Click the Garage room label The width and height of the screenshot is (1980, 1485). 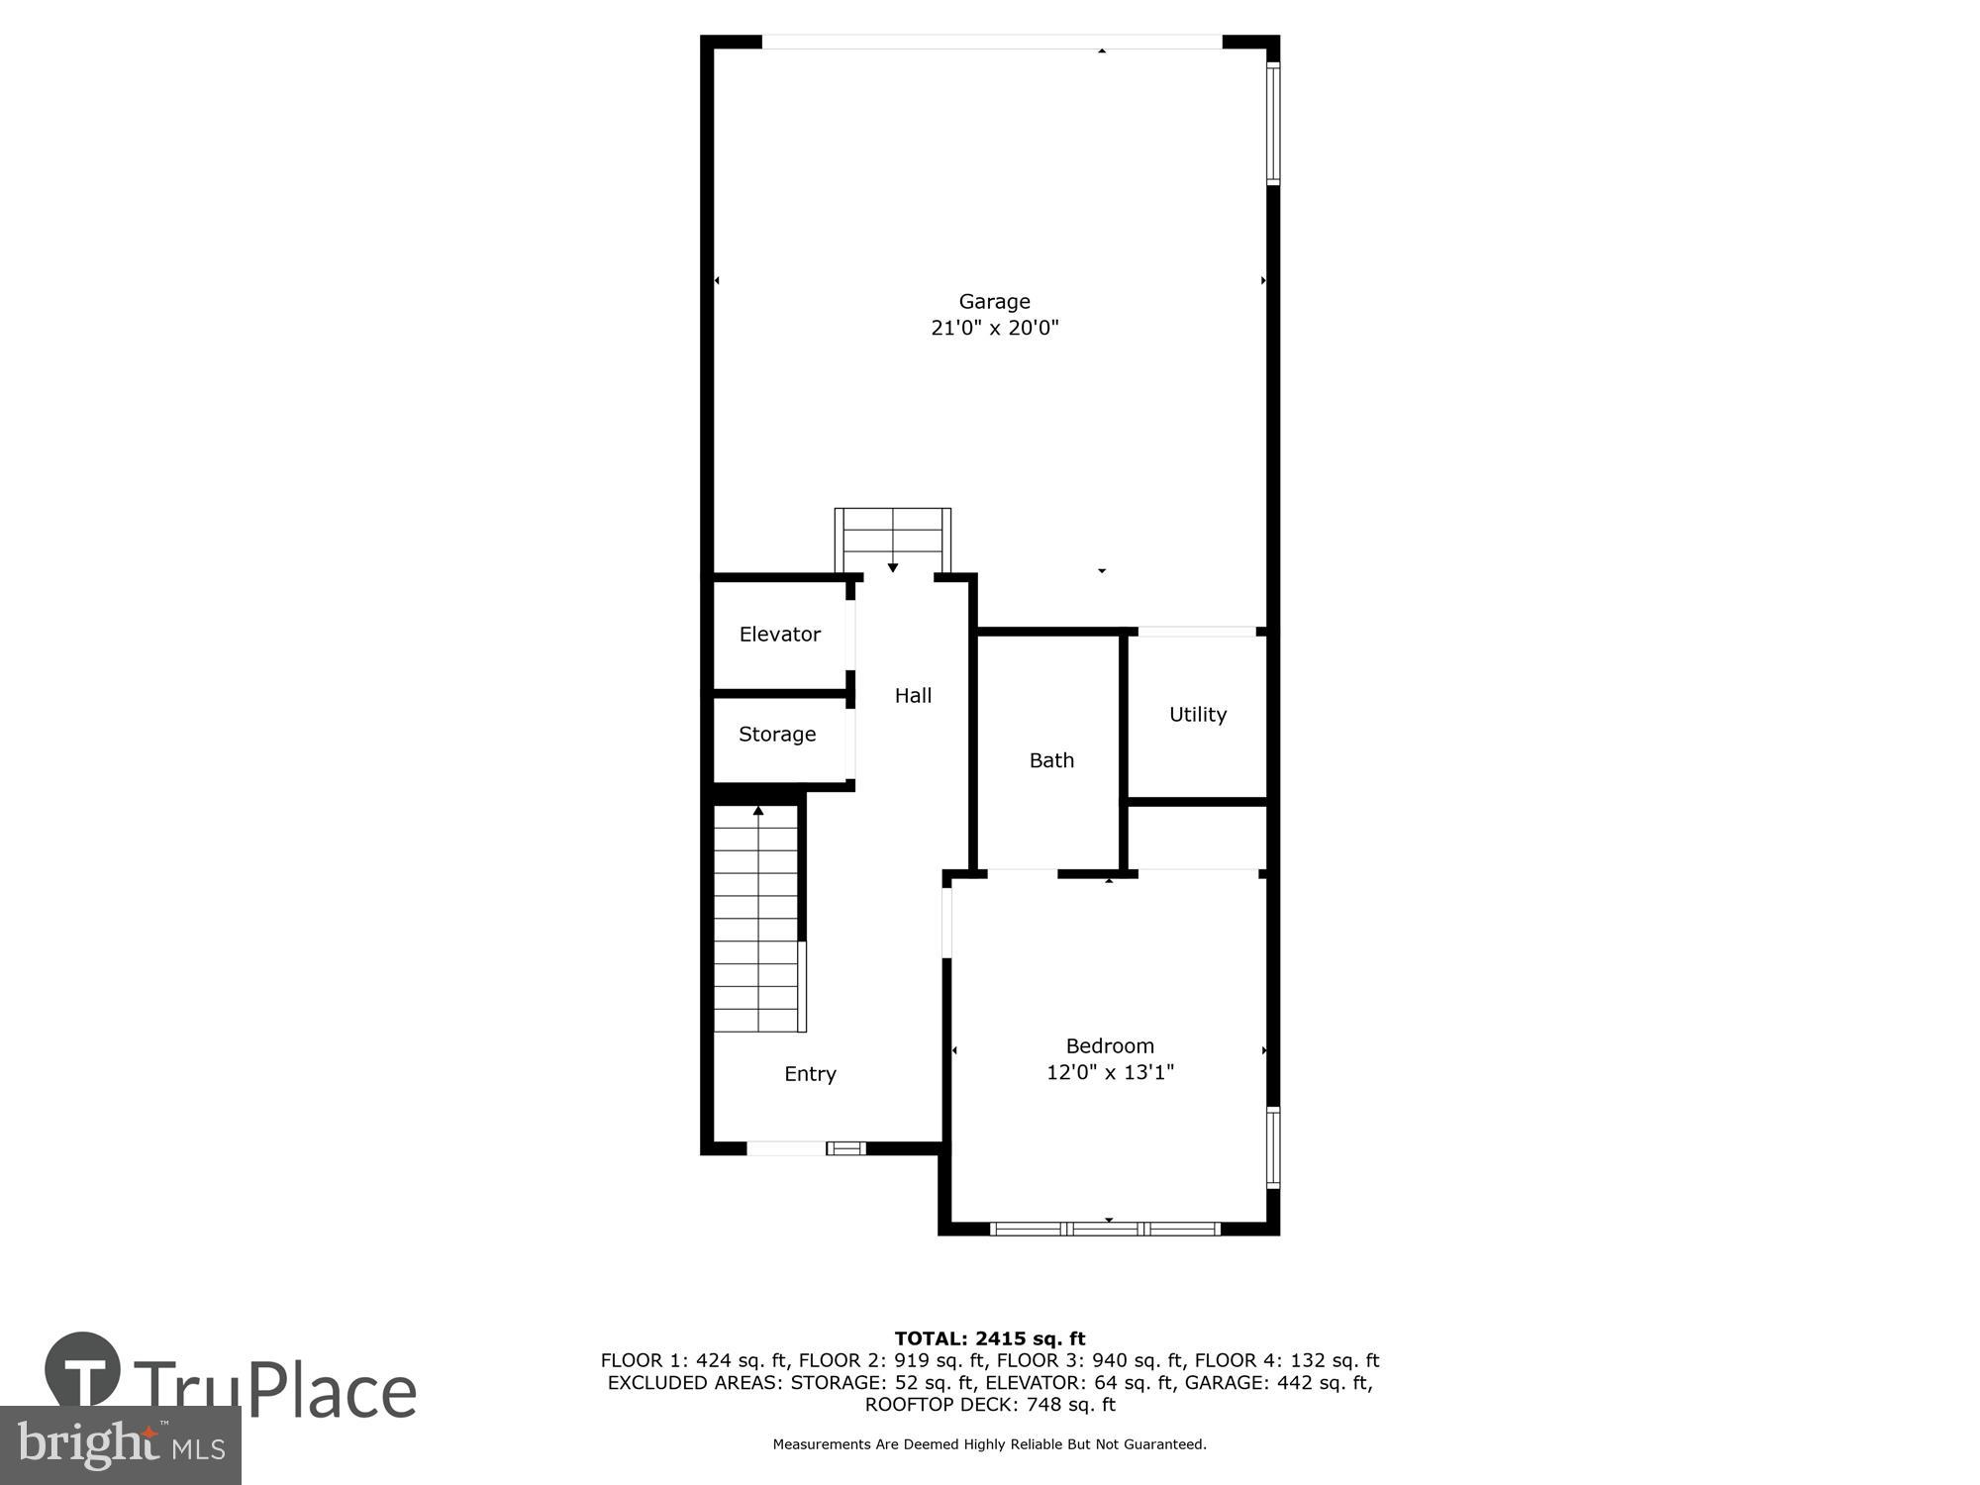(994, 301)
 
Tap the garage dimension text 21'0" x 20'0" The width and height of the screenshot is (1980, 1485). (994, 328)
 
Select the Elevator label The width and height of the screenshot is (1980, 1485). (779, 634)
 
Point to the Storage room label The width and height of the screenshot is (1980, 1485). (777, 734)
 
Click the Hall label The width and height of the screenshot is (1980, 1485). (913, 695)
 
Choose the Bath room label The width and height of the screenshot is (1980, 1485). (1051, 759)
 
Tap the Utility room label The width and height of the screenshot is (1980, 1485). (1197, 714)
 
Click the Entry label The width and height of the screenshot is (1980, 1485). (810, 1073)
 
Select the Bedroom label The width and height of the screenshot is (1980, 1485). (1110, 1045)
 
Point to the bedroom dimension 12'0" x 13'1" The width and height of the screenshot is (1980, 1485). (1110, 1072)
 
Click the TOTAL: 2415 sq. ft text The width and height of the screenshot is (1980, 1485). (989, 1338)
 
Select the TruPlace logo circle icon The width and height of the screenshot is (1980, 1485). (83, 1370)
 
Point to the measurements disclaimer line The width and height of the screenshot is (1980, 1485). (989, 1444)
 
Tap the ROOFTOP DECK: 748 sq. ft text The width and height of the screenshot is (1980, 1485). (989, 1405)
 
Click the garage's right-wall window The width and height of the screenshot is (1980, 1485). (1273, 123)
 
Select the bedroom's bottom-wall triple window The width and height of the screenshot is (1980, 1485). (1105, 1229)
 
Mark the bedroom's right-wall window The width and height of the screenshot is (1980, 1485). (1273, 1147)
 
